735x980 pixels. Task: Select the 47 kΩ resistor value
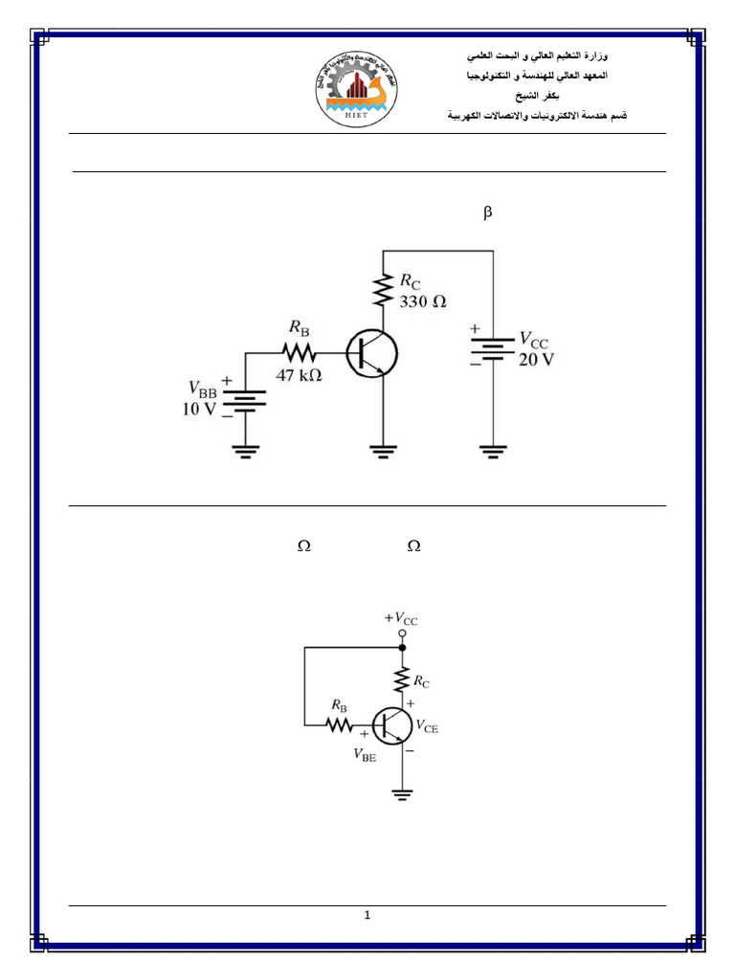(299, 375)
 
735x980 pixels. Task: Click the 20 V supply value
(537, 360)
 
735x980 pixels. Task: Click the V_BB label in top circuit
(203, 390)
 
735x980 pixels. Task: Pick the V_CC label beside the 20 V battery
(534, 340)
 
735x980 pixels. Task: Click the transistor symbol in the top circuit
(371, 352)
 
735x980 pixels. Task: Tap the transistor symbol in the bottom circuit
(390, 725)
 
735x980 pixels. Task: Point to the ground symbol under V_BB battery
(246, 453)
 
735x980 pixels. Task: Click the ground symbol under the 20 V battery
(493, 453)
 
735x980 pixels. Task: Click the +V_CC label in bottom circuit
(401, 618)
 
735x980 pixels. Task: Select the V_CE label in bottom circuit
(427, 726)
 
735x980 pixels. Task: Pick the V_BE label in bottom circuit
(365, 753)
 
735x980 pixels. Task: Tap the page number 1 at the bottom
(367, 916)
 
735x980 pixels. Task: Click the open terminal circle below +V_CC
(402, 634)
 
